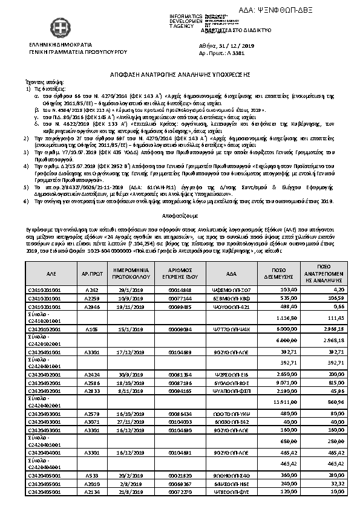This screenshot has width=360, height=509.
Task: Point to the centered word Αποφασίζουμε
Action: pos(179,215)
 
